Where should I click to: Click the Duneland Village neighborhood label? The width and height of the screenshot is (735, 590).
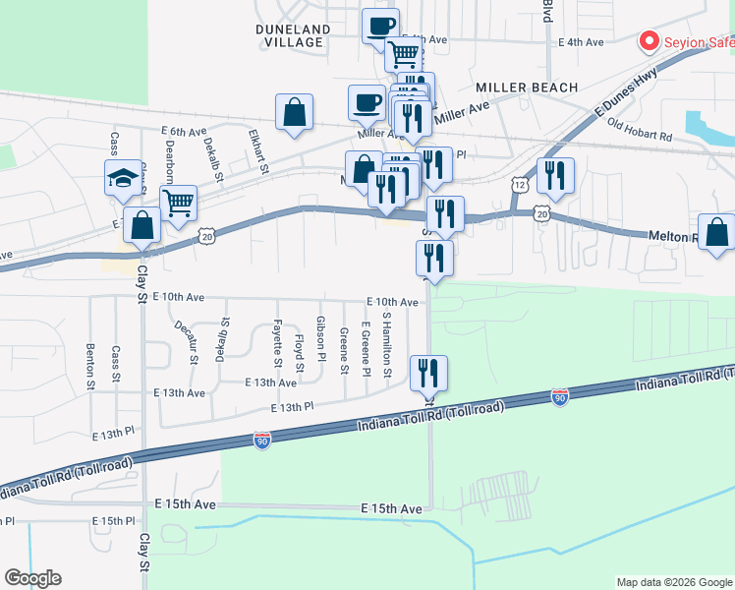pos(290,35)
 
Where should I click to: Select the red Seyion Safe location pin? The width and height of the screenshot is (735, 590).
pos(649,41)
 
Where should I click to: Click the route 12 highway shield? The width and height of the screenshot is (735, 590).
pos(520,185)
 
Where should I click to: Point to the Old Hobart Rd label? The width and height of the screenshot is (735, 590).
pos(639,128)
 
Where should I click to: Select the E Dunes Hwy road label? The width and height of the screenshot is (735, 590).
pos(610,102)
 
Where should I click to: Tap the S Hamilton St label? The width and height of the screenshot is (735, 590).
pos(387,345)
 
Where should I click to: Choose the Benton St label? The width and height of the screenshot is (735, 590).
pos(90,365)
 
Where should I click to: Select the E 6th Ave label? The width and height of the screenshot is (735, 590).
pos(185,131)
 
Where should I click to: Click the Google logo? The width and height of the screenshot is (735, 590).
pos(32,578)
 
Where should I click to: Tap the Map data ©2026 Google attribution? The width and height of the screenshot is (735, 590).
pos(673,582)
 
